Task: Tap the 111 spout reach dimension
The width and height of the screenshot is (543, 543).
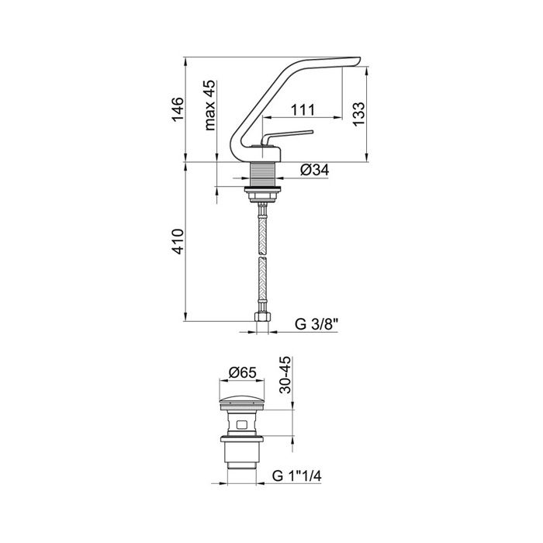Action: point(303,109)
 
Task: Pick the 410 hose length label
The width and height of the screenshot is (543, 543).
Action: point(178,242)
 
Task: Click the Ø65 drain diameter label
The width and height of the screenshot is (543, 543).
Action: point(243,372)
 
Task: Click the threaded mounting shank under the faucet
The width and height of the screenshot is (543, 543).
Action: point(264,173)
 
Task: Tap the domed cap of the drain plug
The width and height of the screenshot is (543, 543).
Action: point(243,402)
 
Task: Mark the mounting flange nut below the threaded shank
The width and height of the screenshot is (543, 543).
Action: point(264,188)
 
